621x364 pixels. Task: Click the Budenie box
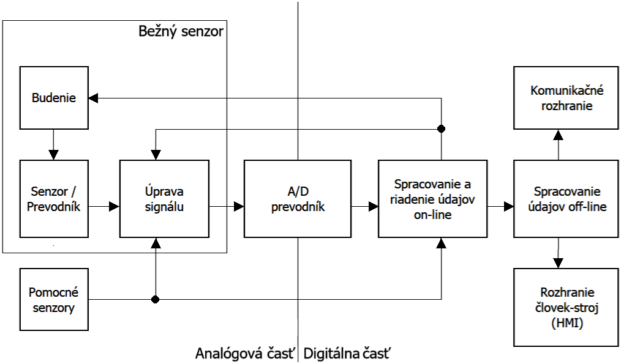[x=53, y=97]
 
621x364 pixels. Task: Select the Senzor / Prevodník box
[x=53, y=199]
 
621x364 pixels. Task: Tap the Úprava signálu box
[x=165, y=199]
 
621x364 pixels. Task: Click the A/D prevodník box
[x=298, y=199]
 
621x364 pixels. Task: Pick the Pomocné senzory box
[x=53, y=299]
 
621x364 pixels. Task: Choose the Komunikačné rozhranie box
[x=566, y=98]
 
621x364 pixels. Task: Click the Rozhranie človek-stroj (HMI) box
[x=566, y=308]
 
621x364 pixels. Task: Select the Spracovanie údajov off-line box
[x=566, y=199]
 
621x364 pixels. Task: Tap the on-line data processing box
[x=432, y=199]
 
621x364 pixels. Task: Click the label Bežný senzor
[x=180, y=30]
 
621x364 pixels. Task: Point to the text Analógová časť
[x=245, y=353]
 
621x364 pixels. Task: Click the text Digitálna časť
[x=347, y=353]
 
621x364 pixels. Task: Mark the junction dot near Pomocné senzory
[x=156, y=299]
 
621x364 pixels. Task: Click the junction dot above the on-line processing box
[x=441, y=129]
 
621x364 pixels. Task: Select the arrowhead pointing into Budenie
[x=92, y=97]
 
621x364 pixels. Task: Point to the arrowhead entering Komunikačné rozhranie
[x=558, y=133]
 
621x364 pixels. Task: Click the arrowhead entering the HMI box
[x=558, y=264]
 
